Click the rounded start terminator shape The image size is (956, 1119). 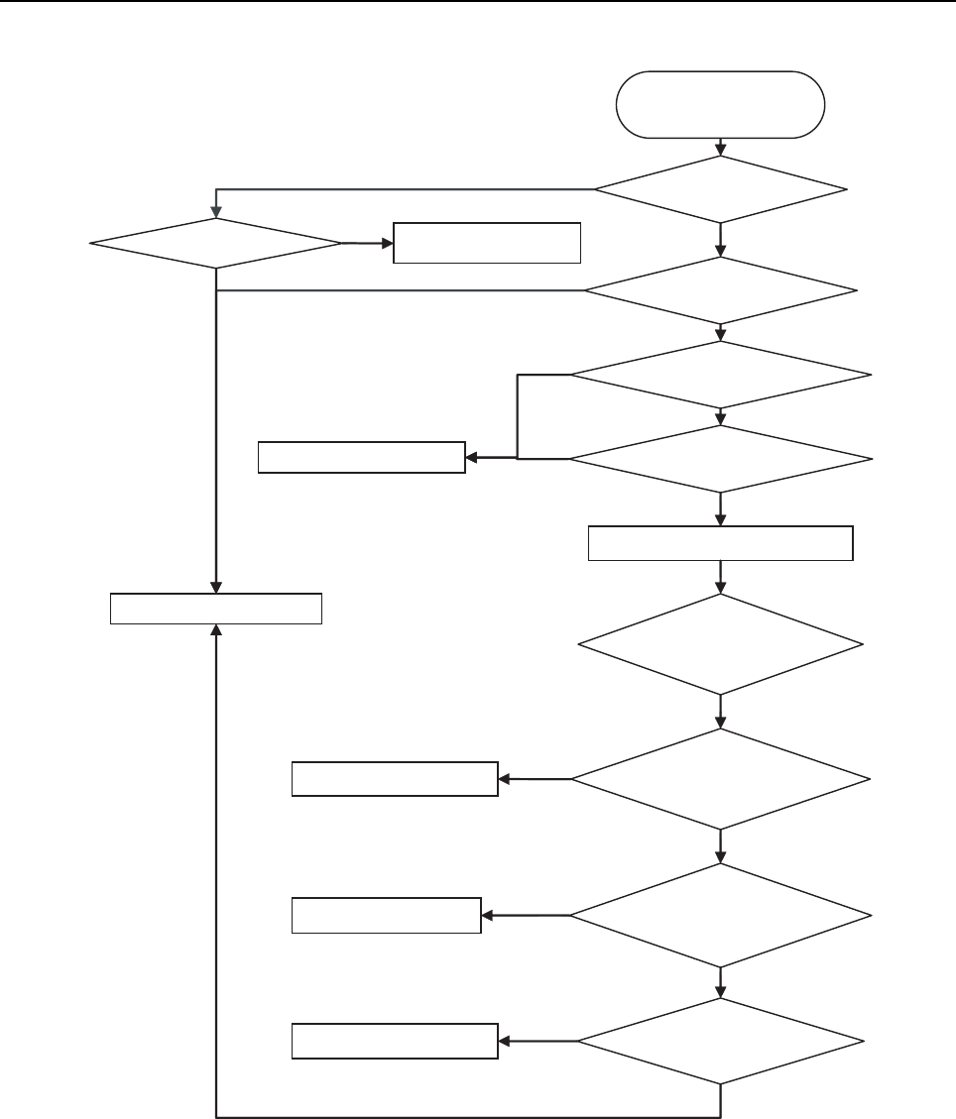(720, 104)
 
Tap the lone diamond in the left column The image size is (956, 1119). (215, 242)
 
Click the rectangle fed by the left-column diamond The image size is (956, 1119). (486, 242)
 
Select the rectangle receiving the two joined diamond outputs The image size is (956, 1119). (361, 457)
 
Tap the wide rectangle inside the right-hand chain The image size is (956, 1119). (720, 543)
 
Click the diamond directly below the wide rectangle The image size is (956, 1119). (721, 644)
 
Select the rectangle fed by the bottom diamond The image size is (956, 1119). (395, 1041)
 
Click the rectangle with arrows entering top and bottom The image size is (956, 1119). (215, 608)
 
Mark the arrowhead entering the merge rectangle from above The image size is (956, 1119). (215, 587)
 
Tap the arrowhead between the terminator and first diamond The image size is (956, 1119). (720, 151)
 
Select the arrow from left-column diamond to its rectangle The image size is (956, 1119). (367, 242)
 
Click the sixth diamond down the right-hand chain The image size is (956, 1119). (721, 779)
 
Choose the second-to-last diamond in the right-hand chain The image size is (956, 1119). (721, 914)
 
